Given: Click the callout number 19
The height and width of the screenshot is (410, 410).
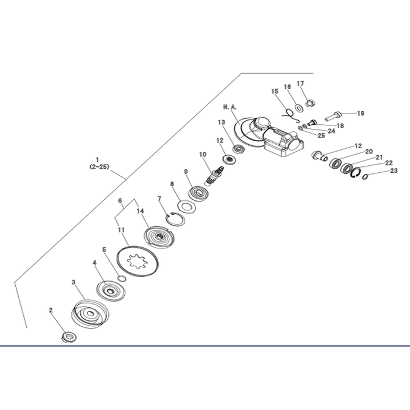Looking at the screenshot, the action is [360, 114].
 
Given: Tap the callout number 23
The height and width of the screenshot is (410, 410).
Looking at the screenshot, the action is [394, 171].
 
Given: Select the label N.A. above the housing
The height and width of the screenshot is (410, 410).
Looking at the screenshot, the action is [230, 107].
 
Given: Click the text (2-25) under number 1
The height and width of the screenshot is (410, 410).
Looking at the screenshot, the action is [99, 166].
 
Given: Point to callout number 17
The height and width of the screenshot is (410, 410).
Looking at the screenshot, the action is [300, 84].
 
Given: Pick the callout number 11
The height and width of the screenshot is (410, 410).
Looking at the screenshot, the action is [121, 230].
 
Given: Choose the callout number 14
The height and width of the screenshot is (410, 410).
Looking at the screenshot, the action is [141, 211].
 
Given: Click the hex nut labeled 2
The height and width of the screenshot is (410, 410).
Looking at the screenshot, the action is [69, 337].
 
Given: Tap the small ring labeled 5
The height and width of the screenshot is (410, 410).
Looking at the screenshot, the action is [122, 279].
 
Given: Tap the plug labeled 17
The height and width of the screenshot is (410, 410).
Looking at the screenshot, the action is [310, 102].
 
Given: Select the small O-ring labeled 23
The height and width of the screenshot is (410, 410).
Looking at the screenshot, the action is [365, 177].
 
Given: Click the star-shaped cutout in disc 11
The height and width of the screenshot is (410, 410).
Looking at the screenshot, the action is [136, 261].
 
